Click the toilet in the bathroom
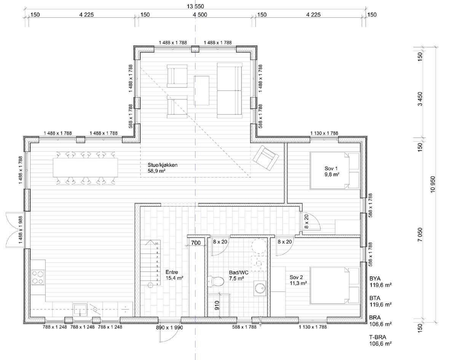click(216, 281)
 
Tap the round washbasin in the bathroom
click(260, 288)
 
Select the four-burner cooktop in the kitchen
click(37, 277)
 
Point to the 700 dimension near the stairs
click(196, 242)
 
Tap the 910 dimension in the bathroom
click(217, 306)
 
